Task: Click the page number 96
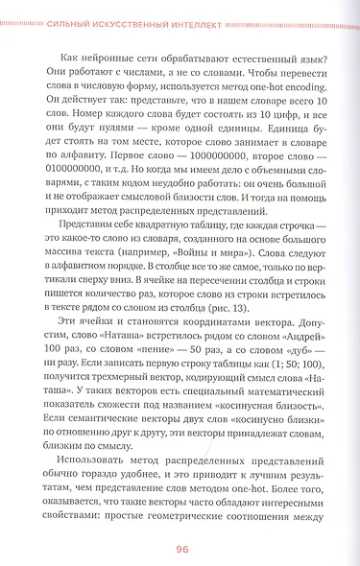coord(180,548)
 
